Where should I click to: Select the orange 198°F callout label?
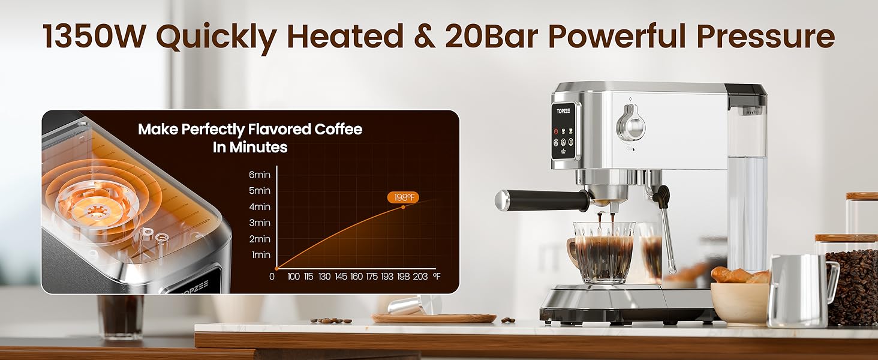402,197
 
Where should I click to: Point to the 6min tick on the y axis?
260,175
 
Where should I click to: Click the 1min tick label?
261,255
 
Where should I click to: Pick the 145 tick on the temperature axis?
340,276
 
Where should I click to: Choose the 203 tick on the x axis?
420,276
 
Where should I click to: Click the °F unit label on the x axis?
436,276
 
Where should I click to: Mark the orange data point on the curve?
402,207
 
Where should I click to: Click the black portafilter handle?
540,200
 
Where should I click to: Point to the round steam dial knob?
630,122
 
